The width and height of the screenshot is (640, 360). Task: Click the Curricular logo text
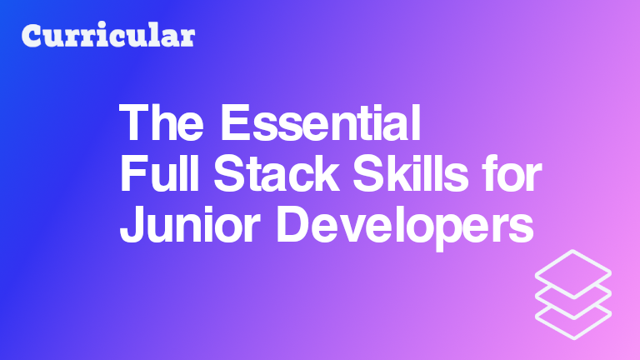click(108, 35)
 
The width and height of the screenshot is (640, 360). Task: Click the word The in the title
click(161, 122)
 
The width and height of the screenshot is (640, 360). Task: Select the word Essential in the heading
click(320, 122)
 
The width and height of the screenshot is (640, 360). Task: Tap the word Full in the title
click(159, 173)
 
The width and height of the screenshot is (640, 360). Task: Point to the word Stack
click(277, 173)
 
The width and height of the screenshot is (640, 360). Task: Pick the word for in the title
click(512, 173)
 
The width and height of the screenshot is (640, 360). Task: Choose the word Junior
click(190, 224)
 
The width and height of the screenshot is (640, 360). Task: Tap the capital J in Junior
click(131, 224)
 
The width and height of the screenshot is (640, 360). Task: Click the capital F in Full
click(133, 173)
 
